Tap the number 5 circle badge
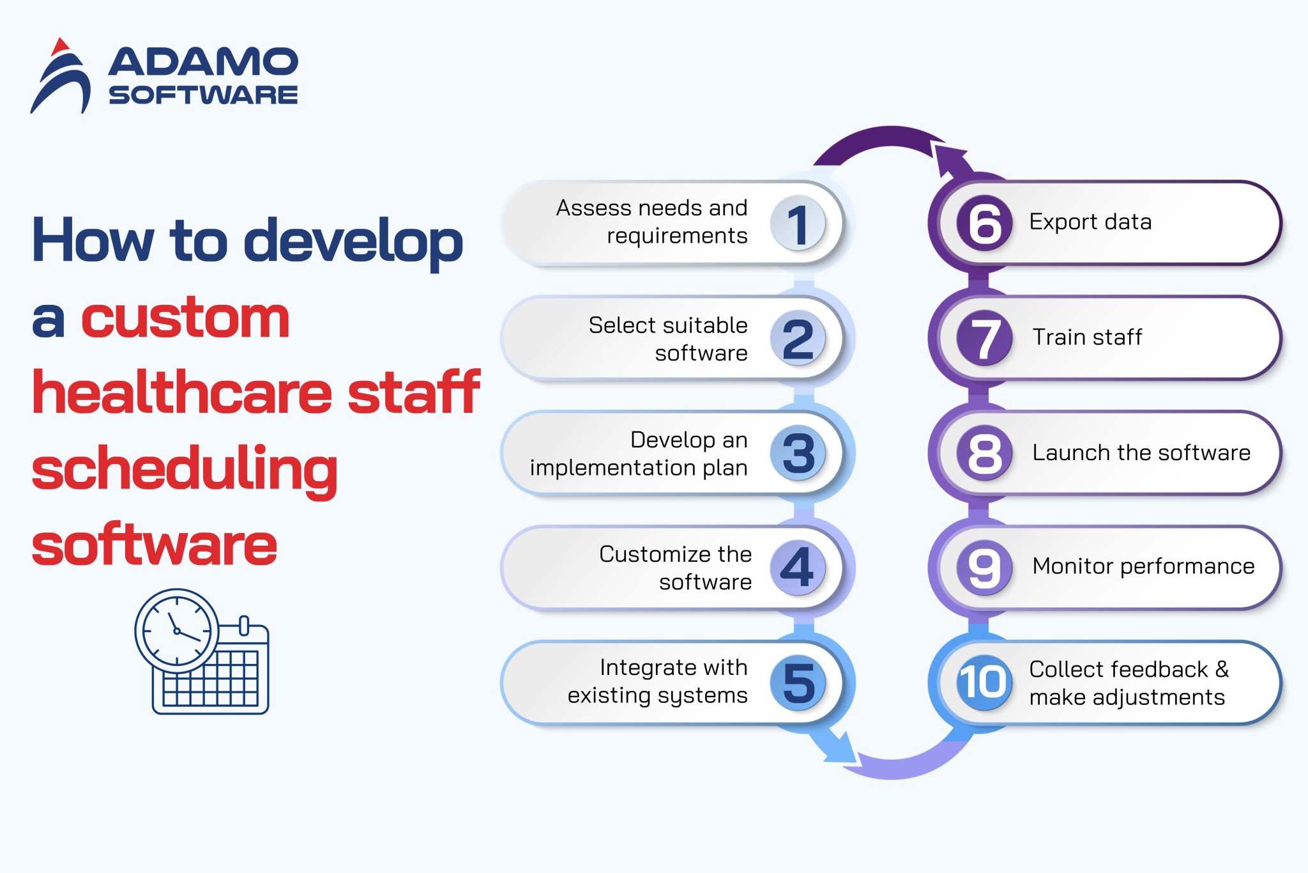click(x=798, y=683)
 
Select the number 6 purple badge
click(x=984, y=223)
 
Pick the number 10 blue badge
click(x=984, y=682)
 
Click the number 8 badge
click(x=984, y=453)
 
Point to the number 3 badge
click(x=798, y=453)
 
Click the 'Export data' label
click(x=1090, y=222)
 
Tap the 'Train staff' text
click(x=1087, y=337)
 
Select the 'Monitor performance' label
click(x=1143, y=566)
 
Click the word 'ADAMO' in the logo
click(x=202, y=63)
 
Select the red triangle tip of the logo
click(x=60, y=47)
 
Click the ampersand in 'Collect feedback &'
click(x=1222, y=669)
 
